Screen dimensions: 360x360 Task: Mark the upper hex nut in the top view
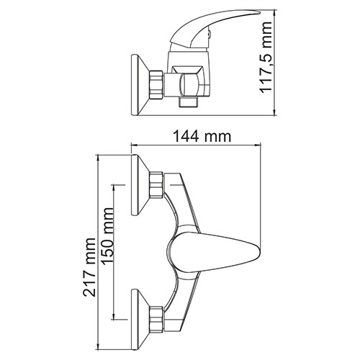[155, 186]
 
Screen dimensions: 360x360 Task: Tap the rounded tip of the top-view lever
[253, 254]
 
